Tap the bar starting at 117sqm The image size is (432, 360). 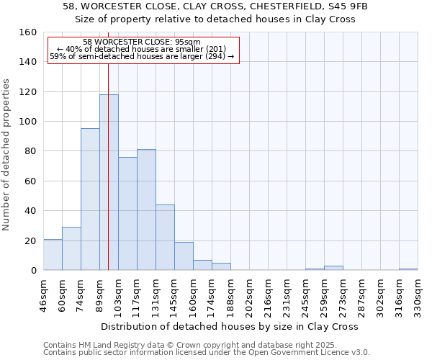click(x=146, y=210)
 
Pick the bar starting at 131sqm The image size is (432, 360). click(x=165, y=238)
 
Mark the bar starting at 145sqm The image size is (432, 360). click(x=184, y=256)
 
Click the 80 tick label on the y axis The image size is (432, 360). click(x=29, y=151)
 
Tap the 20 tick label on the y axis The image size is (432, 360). click(x=29, y=240)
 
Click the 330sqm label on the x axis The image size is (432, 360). click(x=418, y=295)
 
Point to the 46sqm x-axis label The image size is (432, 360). click(x=44, y=295)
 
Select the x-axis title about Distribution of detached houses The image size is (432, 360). click(x=230, y=326)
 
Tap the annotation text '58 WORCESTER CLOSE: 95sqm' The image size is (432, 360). click(x=142, y=42)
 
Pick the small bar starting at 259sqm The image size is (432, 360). click(x=333, y=268)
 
